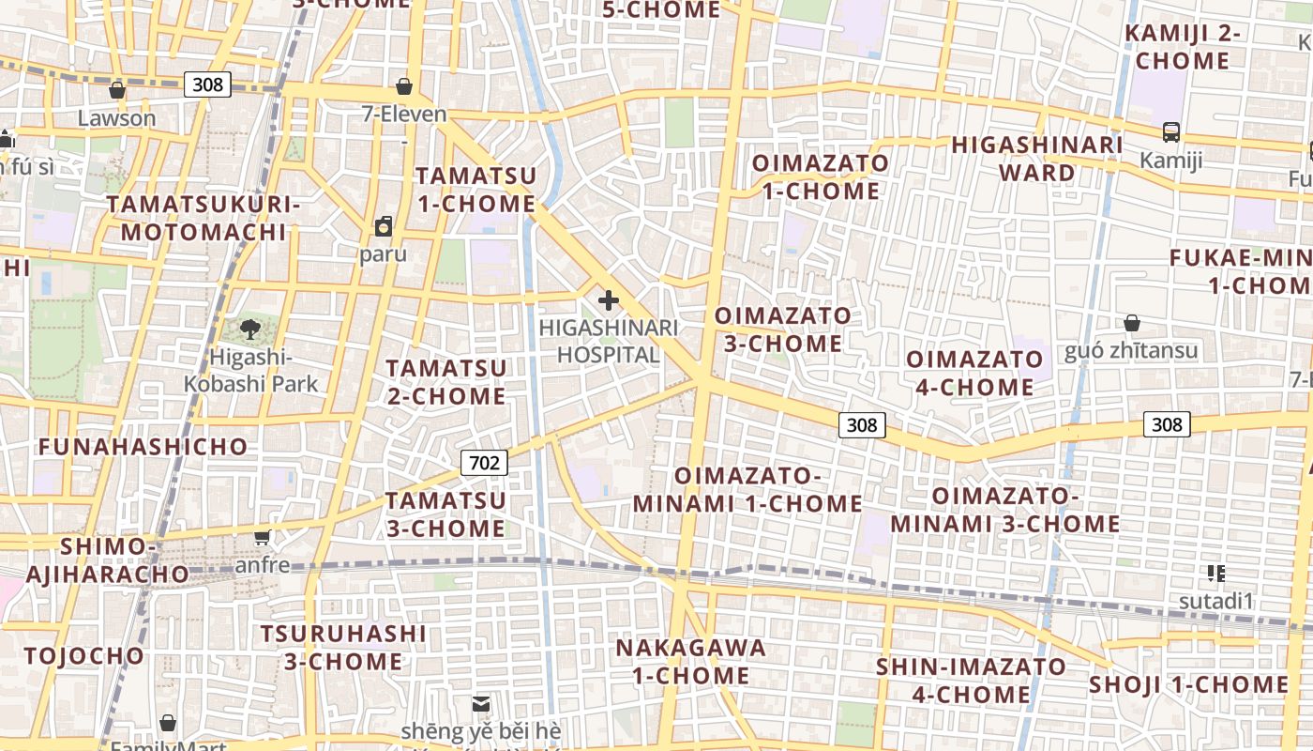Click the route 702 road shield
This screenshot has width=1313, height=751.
pos(484,462)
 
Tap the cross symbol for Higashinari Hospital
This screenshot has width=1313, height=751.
pos(609,300)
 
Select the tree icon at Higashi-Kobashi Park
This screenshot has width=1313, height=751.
pos(250,329)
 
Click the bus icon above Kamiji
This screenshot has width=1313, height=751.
pos(1171,132)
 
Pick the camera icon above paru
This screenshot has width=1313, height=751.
pos(384,226)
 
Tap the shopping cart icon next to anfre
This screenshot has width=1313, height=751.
pos(263,537)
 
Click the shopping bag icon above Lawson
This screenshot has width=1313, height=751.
pos(117,90)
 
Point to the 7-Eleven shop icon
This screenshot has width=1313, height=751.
pos(404,86)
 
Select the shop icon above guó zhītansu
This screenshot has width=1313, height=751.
pos(1132,323)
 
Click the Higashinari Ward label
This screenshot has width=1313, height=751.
pos(1036,159)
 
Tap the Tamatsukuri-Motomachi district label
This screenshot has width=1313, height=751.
pos(203,218)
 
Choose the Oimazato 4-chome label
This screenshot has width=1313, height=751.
pos(974,373)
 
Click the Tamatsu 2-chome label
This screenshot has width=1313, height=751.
pos(445,381)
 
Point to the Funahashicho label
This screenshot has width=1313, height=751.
pos(143,446)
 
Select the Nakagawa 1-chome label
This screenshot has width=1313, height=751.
pos(690,661)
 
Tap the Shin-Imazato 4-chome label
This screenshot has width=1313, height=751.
pos(971,681)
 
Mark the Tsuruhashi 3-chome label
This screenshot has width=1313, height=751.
pos(343,647)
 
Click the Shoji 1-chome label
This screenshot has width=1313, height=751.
pos(1189,684)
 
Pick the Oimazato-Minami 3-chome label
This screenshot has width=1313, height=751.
pos(1004,509)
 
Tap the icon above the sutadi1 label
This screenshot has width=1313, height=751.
pos(1216,573)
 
